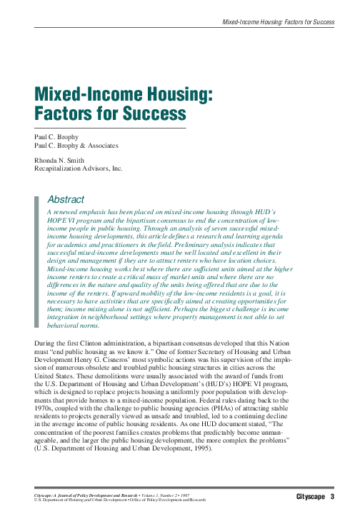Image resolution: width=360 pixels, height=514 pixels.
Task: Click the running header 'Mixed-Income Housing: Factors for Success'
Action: pyautogui.click(x=278, y=22)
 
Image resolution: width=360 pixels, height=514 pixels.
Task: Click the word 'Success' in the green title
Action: pyautogui.click(x=151, y=113)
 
